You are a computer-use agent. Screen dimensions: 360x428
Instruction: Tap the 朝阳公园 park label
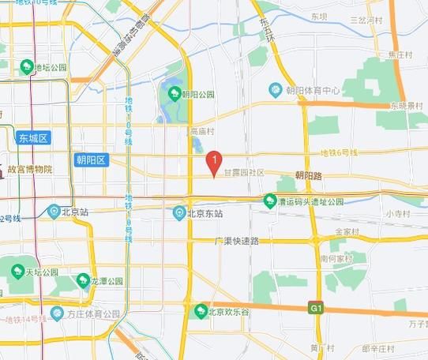pos(198,95)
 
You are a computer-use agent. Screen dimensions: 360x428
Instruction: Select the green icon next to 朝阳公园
pos(174,95)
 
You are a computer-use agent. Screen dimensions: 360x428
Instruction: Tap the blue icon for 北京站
pos(54,211)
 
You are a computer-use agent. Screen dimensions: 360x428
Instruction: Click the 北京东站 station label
pos(205,213)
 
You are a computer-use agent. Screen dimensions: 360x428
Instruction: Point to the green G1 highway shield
pos(317,307)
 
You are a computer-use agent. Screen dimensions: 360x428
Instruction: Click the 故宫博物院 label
pos(30,169)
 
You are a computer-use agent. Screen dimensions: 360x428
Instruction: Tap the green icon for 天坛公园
pos(17,272)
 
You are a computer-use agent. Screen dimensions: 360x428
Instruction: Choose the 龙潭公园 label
pos(106,281)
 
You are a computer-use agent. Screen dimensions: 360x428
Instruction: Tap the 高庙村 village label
pos(202,131)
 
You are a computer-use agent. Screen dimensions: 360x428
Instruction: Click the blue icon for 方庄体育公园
pos(57,314)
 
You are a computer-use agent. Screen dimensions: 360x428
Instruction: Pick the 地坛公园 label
pos(52,67)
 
